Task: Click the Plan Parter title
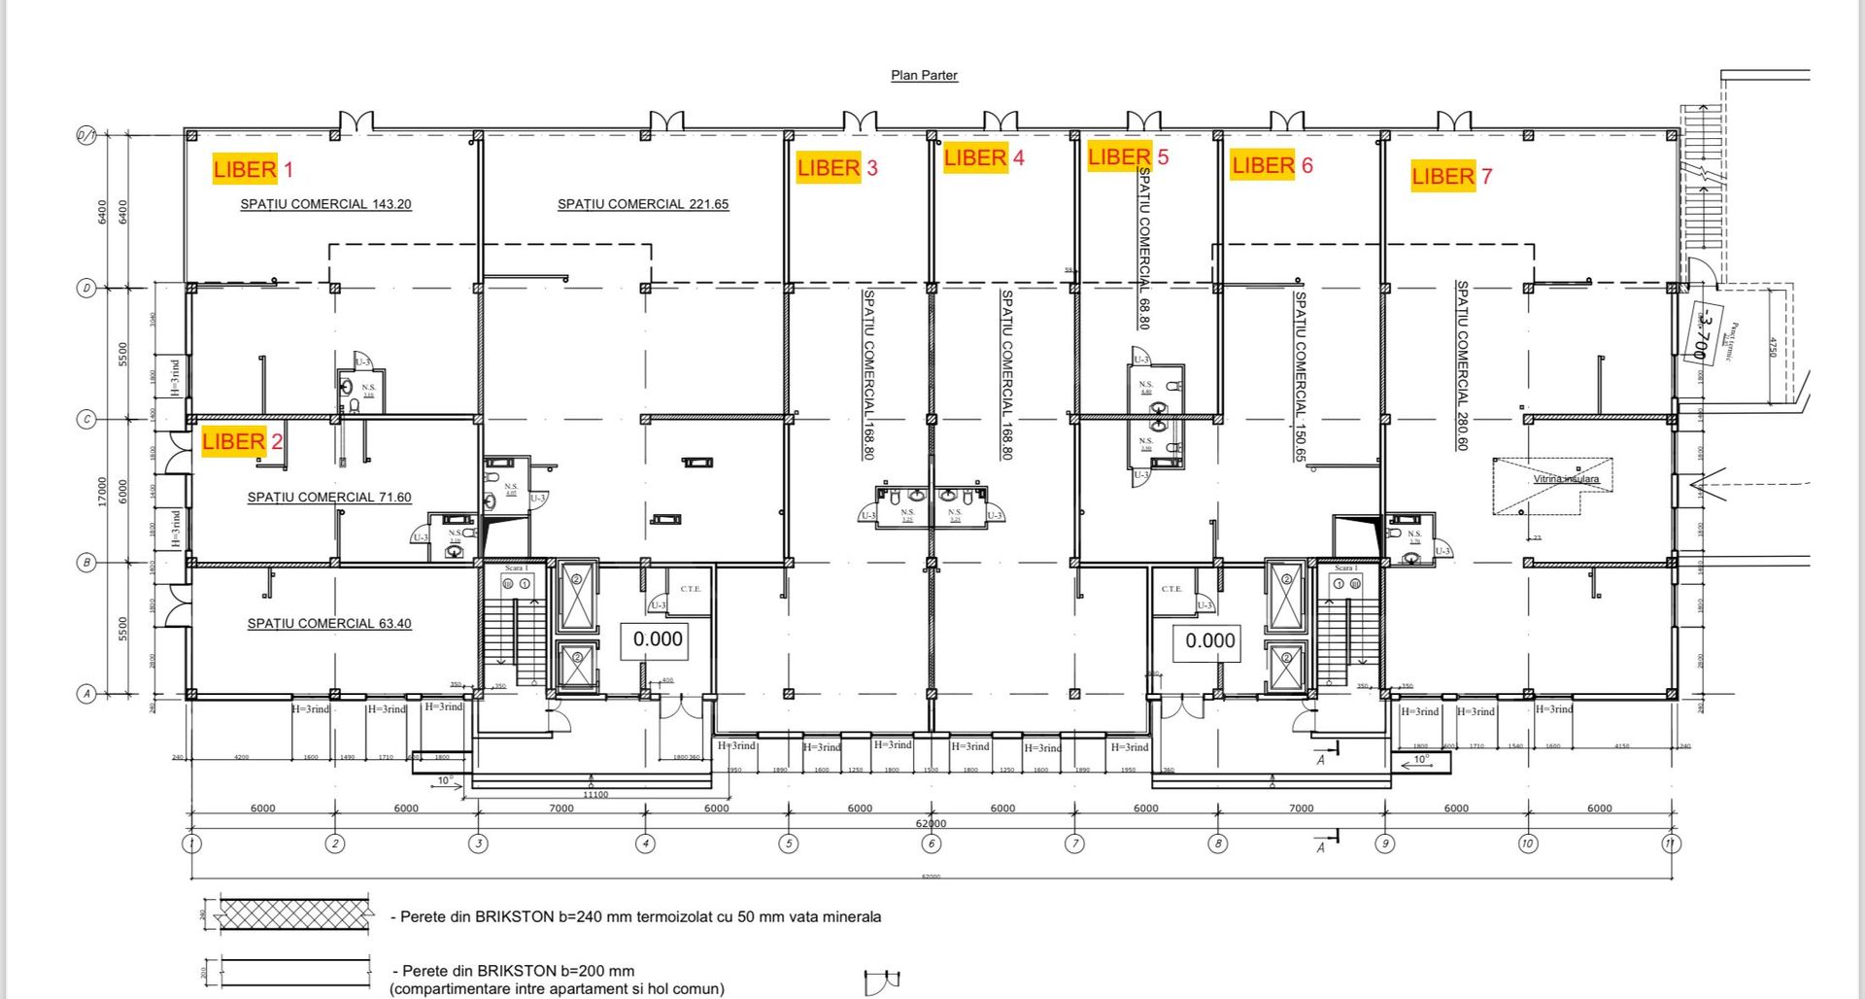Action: pos(924,75)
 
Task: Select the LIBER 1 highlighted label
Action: pos(252,169)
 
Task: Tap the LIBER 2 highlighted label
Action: pos(241,442)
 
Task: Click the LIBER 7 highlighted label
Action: pos(1450,176)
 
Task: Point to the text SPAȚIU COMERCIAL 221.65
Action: pos(642,204)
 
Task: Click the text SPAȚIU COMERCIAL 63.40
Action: pos(328,623)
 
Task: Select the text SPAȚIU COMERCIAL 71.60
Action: pos(328,497)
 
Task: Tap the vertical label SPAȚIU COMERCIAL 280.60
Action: pos(1461,365)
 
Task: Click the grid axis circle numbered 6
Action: pos(932,844)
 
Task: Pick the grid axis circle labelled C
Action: pos(86,420)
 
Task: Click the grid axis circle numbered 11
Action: pos(1671,844)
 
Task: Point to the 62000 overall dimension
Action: pos(931,823)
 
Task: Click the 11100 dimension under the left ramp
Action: pos(594,794)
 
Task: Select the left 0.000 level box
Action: pos(658,639)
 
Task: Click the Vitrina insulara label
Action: pos(1565,479)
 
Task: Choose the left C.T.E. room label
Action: pos(690,589)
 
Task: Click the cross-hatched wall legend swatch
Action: pos(294,915)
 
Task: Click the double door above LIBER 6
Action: pos(1287,121)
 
